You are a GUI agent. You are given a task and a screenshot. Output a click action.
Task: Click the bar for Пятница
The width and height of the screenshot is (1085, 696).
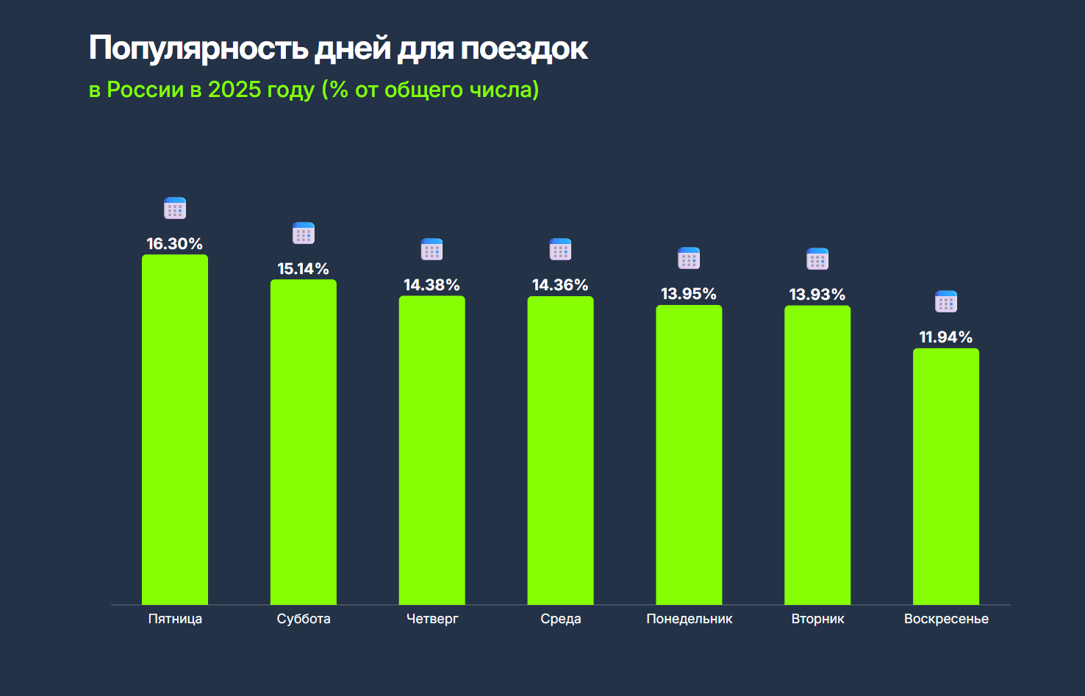tap(175, 430)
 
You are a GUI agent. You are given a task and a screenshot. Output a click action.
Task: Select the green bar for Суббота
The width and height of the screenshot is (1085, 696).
tap(304, 442)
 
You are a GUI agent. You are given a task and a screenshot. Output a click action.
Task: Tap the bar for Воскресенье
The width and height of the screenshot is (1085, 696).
tap(946, 476)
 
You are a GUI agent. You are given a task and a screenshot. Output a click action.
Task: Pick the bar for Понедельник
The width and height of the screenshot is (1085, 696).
tap(689, 455)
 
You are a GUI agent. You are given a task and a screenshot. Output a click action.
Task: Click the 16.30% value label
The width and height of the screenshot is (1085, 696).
tap(175, 244)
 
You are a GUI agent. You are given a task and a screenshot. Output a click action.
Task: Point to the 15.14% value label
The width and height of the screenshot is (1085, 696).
tap(304, 269)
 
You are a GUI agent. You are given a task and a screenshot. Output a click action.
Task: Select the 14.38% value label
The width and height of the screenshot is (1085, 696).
tap(432, 285)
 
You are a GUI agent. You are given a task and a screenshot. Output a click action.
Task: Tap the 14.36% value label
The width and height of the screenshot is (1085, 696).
tap(560, 285)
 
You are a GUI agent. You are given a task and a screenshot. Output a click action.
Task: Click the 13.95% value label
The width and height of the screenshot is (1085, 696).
tap(689, 294)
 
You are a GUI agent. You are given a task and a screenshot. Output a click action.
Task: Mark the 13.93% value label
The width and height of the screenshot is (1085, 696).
tap(817, 295)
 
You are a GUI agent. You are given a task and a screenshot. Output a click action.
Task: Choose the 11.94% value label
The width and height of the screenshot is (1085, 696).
tap(946, 337)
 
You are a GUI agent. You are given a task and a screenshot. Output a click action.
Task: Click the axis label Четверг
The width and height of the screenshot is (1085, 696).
tap(432, 619)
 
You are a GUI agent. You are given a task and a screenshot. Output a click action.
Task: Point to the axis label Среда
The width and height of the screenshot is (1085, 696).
tap(561, 619)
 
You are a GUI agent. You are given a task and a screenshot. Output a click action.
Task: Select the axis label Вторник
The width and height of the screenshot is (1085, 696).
tap(817, 619)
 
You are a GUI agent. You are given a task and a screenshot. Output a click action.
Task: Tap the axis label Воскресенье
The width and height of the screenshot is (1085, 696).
tap(946, 619)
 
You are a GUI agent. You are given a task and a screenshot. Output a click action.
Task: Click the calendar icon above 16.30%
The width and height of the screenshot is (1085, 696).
tap(175, 209)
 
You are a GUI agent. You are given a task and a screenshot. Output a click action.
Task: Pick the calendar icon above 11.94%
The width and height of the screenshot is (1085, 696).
tap(946, 302)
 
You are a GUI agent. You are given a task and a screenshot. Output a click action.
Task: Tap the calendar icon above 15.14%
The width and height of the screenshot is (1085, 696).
tap(304, 234)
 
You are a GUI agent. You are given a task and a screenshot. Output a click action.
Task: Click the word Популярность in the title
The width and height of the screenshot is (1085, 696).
tap(198, 49)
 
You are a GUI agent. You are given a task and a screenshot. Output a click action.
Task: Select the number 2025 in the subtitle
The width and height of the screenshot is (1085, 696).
tap(234, 90)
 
